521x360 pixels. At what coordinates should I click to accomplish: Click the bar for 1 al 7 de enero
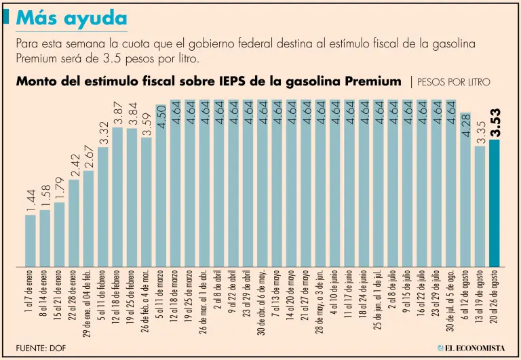(x=30, y=240)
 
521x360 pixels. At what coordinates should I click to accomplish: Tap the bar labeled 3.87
(x=117, y=197)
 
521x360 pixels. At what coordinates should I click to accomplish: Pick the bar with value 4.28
(x=465, y=189)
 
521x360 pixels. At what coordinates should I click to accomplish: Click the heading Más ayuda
(x=71, y=18)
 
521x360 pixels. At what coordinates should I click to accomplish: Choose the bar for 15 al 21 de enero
(x=60, y=234)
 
